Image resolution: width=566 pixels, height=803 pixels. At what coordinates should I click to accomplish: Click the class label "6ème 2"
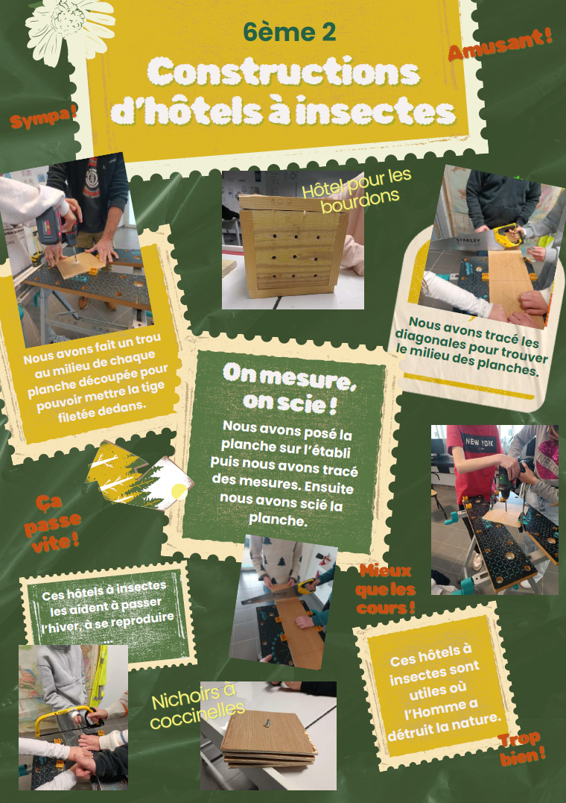[290, 32]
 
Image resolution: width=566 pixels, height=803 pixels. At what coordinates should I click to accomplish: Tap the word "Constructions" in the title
[284, 72]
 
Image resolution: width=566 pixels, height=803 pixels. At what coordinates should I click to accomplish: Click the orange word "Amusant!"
[500, 45]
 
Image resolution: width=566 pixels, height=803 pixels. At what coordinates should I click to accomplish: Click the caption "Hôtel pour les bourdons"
[357, 190]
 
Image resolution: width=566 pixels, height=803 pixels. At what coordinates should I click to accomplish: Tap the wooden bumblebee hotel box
[292, 246]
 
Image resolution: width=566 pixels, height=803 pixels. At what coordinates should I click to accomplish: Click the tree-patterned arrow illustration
[139, 476]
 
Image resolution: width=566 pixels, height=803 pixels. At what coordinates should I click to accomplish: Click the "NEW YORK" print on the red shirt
[480, 442]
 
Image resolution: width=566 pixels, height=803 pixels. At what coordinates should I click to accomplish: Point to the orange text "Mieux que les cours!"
[385, 590]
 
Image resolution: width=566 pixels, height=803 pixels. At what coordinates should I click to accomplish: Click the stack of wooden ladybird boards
[268, 739]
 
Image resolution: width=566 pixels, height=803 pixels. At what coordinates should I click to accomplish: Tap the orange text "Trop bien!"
[521, 749]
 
